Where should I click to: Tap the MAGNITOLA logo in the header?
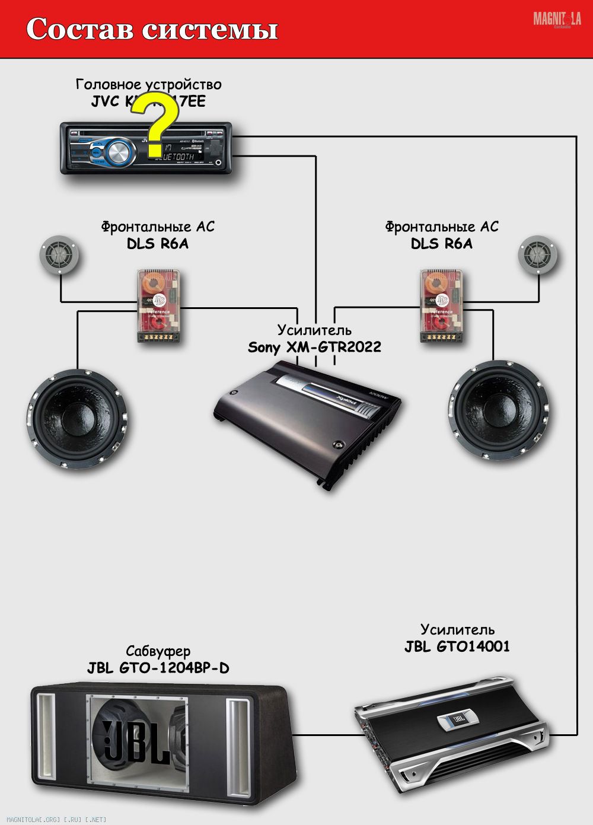pyautogui.click(x=556, y=20)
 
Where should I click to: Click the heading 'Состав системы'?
pyautogui.click(x=152, y=29)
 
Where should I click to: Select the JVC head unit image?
pyautogui.click(x=146, y=148)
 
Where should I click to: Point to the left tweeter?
pyautogui.click(x=59, y=256)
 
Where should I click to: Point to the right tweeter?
pyautogui.click(x=537, y=256)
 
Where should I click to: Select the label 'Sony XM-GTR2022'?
pyautogui.click(x=314, y=347)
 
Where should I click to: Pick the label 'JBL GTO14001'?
pyautogui.click(x=457, y=646)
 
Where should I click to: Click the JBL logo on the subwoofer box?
pyautogui.click(x=137, y=741)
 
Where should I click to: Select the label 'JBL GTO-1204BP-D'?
pyautogui.click(x=158, y=668)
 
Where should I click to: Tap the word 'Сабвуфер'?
pyautogui.click(x=158, y=651)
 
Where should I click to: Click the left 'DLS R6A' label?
pyautogui.click(x=157, y=243)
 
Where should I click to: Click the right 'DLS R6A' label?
pyautogui.click(x=441, y=243)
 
